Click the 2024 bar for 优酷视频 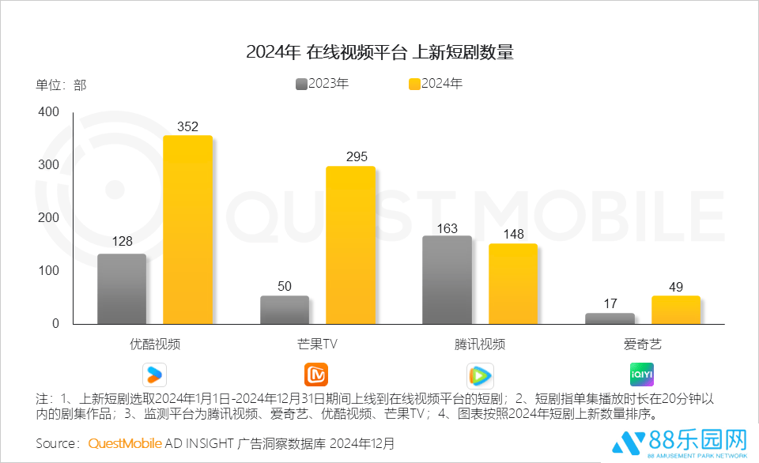(187, 229)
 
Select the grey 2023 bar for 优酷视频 (122, 288)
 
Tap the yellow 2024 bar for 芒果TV (350, 245)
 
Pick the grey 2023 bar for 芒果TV (285, 310)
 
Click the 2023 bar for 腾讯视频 (447, 280)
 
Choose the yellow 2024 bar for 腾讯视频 (513, 284)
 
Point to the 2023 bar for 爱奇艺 (610, 318)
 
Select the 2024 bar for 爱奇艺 (676, 310)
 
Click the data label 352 (187, 126)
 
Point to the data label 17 (610, 303)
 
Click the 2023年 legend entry (322, 84)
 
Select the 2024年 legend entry (436, 84)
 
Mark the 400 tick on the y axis (49, 112)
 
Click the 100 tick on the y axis (49, 271)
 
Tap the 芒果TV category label (317, 344)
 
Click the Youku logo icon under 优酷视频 (154, 374)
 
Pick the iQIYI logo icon (642, 374)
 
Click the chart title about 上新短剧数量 (379, 53)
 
